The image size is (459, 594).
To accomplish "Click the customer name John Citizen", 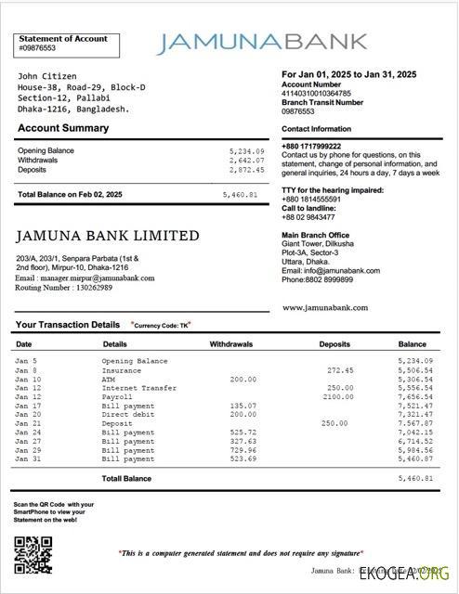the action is point(46,76).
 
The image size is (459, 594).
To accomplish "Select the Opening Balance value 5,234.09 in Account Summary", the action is point(246,150).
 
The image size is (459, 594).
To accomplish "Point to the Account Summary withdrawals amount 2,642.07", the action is point(246,160).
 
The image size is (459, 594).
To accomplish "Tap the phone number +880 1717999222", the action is point(311,147).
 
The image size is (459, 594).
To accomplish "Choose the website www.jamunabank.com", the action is point(324,307).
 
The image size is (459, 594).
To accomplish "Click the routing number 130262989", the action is point(96,288).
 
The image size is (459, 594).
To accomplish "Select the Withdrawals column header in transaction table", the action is point(231,344).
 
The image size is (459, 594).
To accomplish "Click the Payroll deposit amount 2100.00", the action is point(338,396).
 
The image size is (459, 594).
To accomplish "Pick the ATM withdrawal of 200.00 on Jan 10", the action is point(243,379).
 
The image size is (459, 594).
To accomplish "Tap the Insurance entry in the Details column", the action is point(122,369).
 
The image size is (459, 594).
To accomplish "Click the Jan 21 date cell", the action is point(27,423).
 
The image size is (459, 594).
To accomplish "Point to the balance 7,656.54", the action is point(414,396).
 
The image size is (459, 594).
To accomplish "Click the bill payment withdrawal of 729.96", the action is point(242,450).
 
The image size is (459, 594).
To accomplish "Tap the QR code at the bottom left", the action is point(33,556).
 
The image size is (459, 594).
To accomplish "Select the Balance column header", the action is point(413,344).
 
